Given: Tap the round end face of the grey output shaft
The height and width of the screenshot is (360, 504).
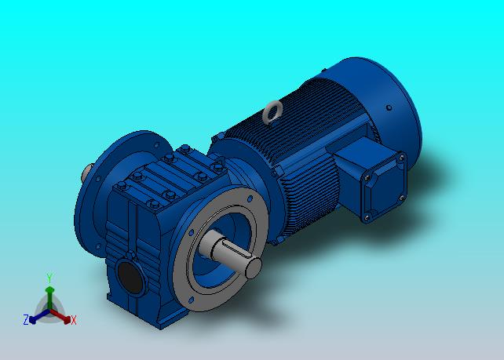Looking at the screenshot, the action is pyautogui.click(x=254, y=268).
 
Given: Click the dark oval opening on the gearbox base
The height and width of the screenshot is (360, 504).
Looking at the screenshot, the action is pyautogui.click(x=130, y=277).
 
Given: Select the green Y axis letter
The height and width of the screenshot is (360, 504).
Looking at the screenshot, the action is pyautogui.click(x=49, y=278).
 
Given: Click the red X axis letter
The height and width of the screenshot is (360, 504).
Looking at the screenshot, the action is pyautogui.click(x=74, y=320).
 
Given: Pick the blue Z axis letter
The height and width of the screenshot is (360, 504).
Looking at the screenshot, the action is pyautogui.click(x=26, y=319).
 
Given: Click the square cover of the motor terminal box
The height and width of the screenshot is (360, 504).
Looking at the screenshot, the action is pyautogui.click(x=384, y=187).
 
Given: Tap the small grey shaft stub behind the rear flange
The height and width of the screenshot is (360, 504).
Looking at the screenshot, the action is pyautogui.click(x=87, y=173).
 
